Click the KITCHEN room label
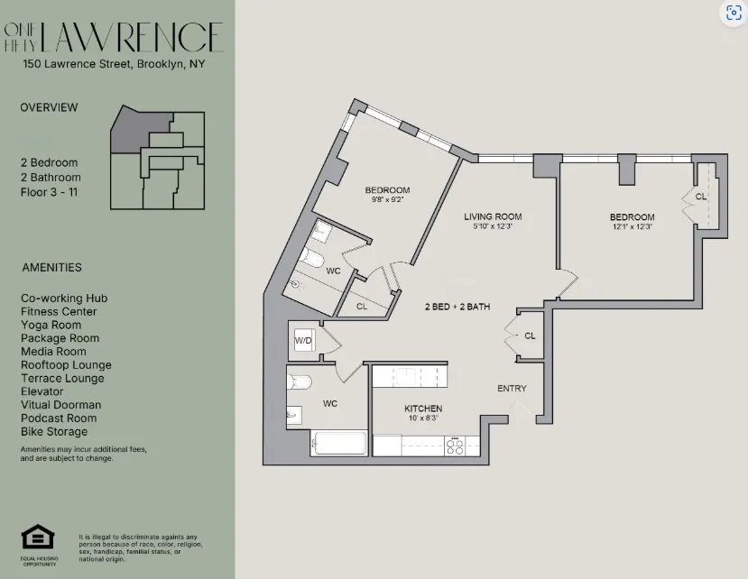pos(422,409)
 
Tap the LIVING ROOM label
pos(493,216)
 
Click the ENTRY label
pos(512,389)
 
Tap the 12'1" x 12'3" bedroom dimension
pos(631,227)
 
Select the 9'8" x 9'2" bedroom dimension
pos(387,200)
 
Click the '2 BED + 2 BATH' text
pos(457,307)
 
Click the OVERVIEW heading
pos(49,107)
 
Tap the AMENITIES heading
pos(51,267)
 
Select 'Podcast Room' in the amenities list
pos(58,418)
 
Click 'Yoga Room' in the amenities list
pos(51,325)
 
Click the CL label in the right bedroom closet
pos(701,198)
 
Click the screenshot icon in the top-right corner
pos(733,14)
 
